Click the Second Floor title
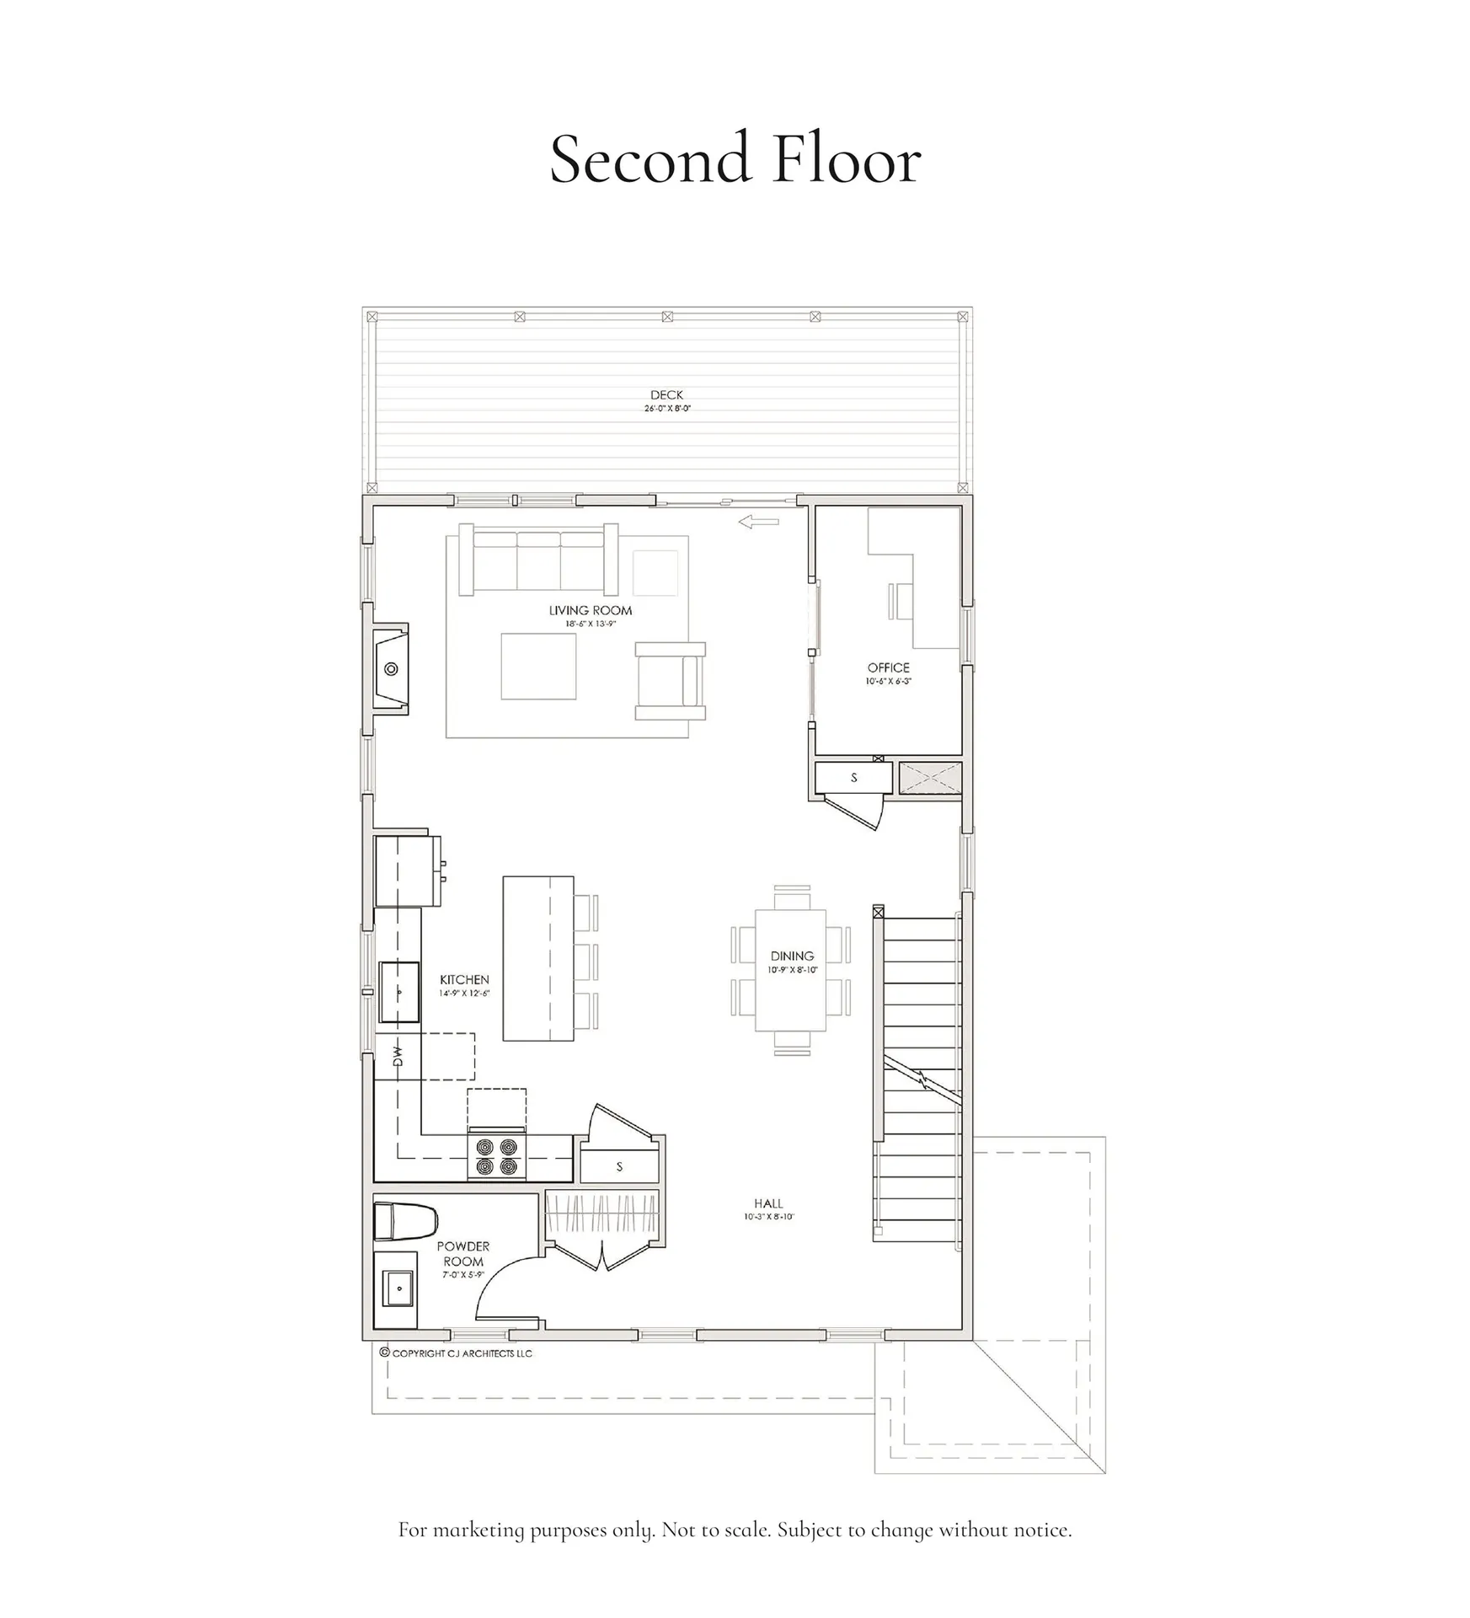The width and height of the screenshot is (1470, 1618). [735, 158]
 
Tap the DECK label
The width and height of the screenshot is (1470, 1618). [666, 394]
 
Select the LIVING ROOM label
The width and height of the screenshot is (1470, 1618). [590, 610]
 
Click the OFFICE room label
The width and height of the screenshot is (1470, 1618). [888, 667]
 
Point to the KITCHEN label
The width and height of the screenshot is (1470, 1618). [464, 979]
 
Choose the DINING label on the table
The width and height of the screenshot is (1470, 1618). [792, 956]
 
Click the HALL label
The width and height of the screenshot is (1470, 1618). [768, 1203]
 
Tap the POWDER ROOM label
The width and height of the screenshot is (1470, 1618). [462, 1253]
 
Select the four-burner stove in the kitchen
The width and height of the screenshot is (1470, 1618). [497, 1156]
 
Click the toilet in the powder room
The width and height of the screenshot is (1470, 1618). [404, 1222]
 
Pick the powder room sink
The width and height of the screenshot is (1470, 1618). [397, 1288]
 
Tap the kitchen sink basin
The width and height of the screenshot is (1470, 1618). [398, 992]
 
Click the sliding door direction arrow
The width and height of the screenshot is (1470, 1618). [758, 522]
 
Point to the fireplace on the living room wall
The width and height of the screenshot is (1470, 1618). [391, 669]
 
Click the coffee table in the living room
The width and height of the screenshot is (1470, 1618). [538, 667]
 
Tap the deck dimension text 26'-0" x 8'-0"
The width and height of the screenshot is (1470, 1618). [666, 409]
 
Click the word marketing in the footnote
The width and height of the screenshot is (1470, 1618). [478, 1530]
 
